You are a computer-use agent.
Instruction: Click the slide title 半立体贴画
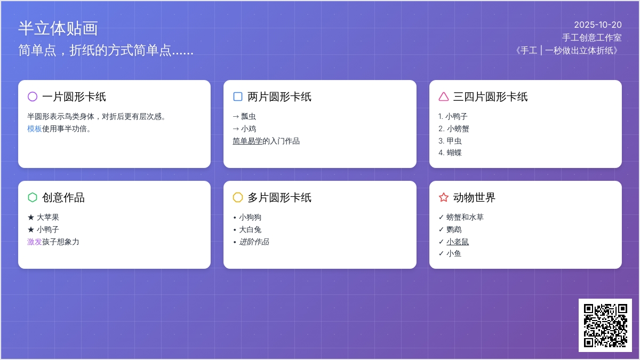[x=58, y=28]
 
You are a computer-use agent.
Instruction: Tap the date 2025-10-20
[x=598, y=25]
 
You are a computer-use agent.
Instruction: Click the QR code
[x=605, y=325]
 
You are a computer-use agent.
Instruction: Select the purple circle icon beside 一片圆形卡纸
[x=33, y=97]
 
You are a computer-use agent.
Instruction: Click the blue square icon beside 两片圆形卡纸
[x=238, y=97]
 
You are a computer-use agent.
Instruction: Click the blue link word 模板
[x=35, y=129]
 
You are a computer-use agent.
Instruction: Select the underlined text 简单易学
[x=247, y=141]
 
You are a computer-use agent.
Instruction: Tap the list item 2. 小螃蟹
[x=454, y=129]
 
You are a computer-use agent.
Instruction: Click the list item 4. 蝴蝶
[x=450, y=153]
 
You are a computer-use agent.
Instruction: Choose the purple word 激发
[x=35, y=242]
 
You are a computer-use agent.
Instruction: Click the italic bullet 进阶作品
[x=254, y=242]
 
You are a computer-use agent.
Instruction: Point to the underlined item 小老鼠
[x=458, y=242]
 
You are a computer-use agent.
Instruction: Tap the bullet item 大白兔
[x=250, y=230]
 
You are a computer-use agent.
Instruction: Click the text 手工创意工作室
[x=591, y=37]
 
